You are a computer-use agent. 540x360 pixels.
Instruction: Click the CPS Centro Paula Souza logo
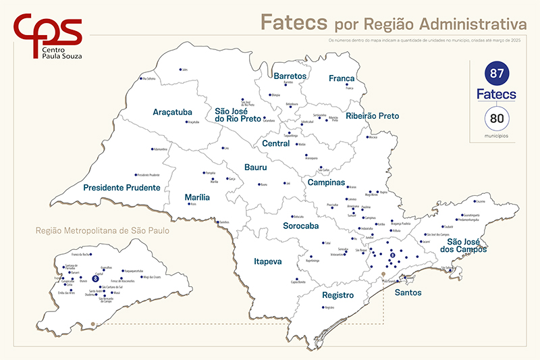coord(48,35)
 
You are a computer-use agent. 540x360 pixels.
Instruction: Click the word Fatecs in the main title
coord(294,22)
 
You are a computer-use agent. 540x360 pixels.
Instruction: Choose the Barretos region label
coord(290,76)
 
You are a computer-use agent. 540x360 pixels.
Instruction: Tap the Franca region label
coord(342,78)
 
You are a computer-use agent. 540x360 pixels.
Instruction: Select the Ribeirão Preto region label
coord(372,116)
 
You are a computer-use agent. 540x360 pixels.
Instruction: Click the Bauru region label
coord(256,167)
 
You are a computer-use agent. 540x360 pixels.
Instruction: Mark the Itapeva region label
coord(269,260)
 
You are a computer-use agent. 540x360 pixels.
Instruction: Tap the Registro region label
coord(337,295)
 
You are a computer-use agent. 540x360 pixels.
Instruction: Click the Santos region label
coord(407,292)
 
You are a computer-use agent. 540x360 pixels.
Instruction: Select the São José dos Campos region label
coord(467,245)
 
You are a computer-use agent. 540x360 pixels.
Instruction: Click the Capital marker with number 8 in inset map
coord(95,278)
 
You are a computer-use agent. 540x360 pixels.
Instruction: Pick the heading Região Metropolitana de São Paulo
coord(103,230)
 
